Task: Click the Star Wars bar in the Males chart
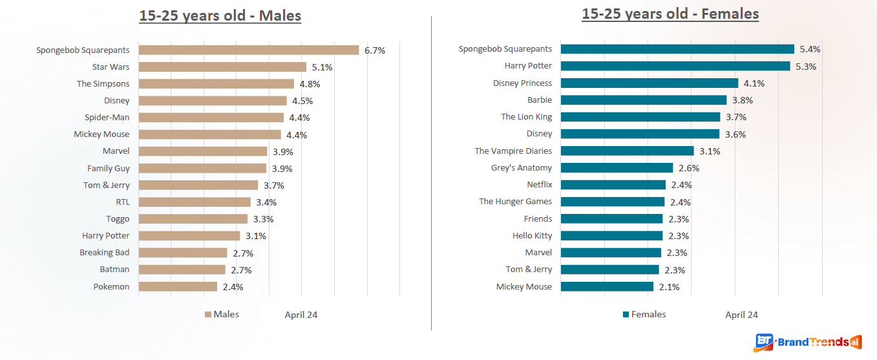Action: coord(222,67)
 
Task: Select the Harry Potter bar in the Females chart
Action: coord(675,66)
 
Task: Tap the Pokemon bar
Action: coord(178,286)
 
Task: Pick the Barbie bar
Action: coord(644,100)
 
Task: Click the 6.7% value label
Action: coord(375,50)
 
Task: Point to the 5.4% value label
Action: coord(810,49)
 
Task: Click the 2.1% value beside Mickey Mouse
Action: coord(669,287)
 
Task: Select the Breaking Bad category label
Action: coord(105,253)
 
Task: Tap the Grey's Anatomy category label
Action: coord(522,168)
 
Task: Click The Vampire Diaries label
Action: coord(513,151)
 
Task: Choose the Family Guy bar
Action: coord(202,168)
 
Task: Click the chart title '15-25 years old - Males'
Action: coord(220,16)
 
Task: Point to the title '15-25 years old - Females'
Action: coord(670,14)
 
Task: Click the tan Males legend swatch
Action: coord(208,315)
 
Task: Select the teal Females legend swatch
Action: coord(626,315)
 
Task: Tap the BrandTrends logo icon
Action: coord(765,343)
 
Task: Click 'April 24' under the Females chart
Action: coord(741,315)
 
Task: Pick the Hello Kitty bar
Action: coord(611,236)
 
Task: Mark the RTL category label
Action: coord(123,202)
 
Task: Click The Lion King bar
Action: coord(640,117)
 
